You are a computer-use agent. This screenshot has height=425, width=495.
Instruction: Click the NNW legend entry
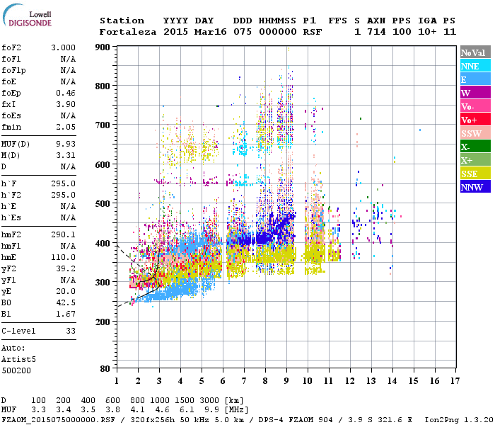click(x=474, y=187)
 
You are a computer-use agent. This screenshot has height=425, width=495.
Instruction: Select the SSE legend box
click(x=474, y=174)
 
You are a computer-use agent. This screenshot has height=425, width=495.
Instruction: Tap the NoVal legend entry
click(x=474, y=52)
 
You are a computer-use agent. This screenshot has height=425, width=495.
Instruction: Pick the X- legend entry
click(x=474, y=147)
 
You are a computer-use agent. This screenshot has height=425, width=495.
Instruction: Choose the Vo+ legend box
click(x=474, y=120)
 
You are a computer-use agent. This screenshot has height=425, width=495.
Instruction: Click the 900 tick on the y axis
click(x=103, y=47)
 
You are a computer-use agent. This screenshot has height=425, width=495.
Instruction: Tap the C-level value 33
click(x=70, y=331)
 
